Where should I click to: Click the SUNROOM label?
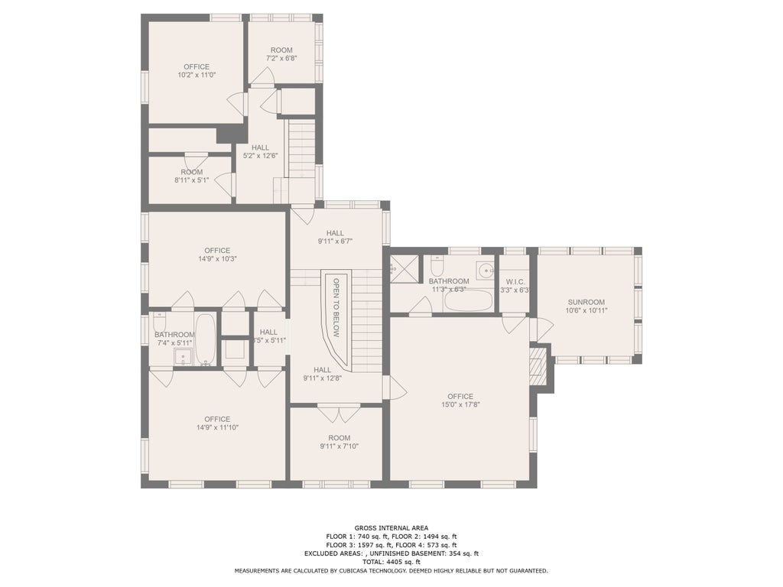pos(586,302)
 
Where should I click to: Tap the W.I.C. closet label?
pos(515,282)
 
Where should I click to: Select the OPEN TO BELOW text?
pos(336,307)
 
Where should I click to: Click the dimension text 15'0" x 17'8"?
pos(460,405)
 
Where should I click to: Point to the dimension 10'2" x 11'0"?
pos(197,75)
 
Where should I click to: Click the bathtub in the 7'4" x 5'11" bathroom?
pos(205,339)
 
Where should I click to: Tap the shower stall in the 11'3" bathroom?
pos(404,268)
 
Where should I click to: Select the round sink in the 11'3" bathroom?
pos(484,270)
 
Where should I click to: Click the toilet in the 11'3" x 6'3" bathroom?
pos(437,266)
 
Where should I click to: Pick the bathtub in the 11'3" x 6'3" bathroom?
pos(468,301)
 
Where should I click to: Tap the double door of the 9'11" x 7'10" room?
pos(339,413)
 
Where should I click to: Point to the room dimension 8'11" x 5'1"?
pos(192,180)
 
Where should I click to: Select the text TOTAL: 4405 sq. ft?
pos(391,562)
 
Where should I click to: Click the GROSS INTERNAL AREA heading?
pos(391,528)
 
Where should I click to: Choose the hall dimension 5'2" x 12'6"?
pos(260,156)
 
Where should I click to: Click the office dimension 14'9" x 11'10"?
pos(217,427)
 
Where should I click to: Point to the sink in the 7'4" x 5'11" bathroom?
pos(183,358)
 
